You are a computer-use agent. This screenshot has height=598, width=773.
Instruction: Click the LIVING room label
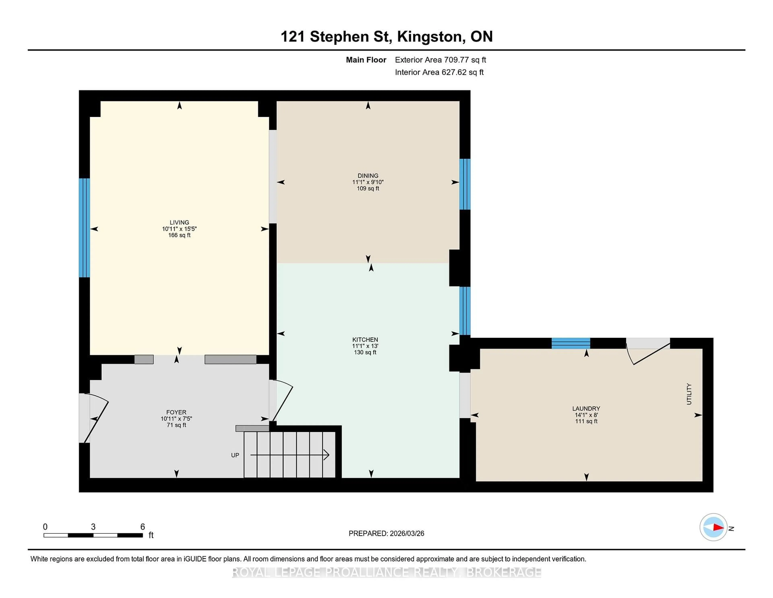[x=179, y=222]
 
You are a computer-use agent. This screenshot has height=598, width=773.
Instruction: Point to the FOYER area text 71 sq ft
[x=176, y=425]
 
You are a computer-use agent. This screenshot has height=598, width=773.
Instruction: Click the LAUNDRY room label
[x=586, y=408]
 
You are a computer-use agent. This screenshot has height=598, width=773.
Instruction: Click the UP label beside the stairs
[x=235, y=455]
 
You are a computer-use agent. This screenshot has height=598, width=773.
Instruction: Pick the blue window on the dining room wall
[x=465, y=184]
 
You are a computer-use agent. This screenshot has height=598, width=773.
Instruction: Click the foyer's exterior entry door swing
[x=96, y=418]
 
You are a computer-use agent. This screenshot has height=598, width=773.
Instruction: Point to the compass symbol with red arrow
[x=713, y=527]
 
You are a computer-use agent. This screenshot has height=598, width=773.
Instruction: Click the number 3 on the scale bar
[x=93, y=527]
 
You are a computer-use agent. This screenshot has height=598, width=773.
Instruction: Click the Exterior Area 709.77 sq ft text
[x=440, y=60]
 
